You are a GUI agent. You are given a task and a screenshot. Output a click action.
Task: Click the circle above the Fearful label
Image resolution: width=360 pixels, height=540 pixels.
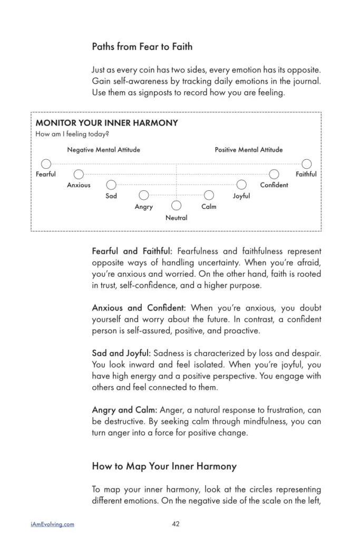[46, 163]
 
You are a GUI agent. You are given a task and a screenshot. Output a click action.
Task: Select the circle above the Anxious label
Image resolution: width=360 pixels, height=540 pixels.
[79, 174]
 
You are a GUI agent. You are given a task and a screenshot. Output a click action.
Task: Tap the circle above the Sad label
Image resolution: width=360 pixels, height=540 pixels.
[111, 185]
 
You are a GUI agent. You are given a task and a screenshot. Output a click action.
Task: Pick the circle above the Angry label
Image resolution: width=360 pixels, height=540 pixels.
[144, 195]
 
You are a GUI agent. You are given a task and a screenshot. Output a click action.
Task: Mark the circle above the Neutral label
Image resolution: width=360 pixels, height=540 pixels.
[177, 206]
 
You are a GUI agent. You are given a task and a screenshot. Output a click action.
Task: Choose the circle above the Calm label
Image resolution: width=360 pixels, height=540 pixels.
[209, 195]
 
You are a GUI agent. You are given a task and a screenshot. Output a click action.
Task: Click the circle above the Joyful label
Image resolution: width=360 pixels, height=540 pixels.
[241, 185]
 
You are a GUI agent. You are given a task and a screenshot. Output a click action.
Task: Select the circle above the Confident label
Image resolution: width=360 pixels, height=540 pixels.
[274, 174]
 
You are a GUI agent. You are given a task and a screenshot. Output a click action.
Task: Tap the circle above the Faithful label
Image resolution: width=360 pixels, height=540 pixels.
[306, 163]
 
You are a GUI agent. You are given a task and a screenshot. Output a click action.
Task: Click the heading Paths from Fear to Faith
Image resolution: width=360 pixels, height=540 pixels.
[142, 46]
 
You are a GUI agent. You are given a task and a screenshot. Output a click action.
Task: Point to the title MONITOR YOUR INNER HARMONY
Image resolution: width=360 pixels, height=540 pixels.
[106, 123]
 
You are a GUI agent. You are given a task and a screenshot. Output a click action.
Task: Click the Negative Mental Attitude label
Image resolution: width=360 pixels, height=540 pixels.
[103, 150]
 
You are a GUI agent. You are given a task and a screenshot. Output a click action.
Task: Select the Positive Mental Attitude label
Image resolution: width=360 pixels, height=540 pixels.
[249, 150]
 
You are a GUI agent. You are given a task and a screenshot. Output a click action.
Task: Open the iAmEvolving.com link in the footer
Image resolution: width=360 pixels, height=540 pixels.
[53, 524]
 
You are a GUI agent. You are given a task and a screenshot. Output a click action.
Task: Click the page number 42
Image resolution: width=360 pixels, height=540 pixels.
[176, 524]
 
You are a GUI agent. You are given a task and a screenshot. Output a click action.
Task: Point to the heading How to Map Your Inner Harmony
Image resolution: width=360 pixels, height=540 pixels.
[164, 466]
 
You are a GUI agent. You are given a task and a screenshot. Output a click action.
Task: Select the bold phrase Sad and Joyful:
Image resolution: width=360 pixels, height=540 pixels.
[121, 353]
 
